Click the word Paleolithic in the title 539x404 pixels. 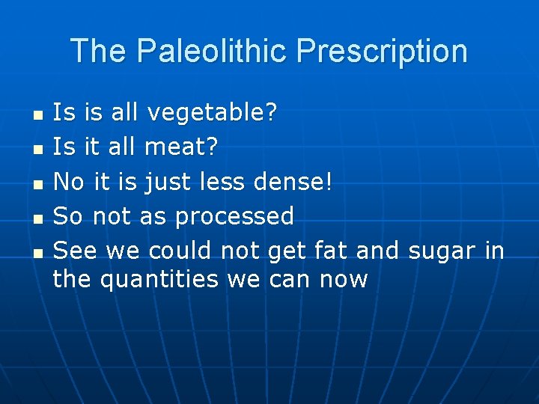click(212, 52)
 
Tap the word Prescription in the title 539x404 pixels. click(382, 52)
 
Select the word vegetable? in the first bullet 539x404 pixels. click(212, 114)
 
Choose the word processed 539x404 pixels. click(234, 216)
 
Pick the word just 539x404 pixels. click(169, 182)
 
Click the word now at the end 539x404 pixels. click(344, 279)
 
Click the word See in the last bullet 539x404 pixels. click(76, 251)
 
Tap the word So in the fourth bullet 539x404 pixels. click(69, 216)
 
